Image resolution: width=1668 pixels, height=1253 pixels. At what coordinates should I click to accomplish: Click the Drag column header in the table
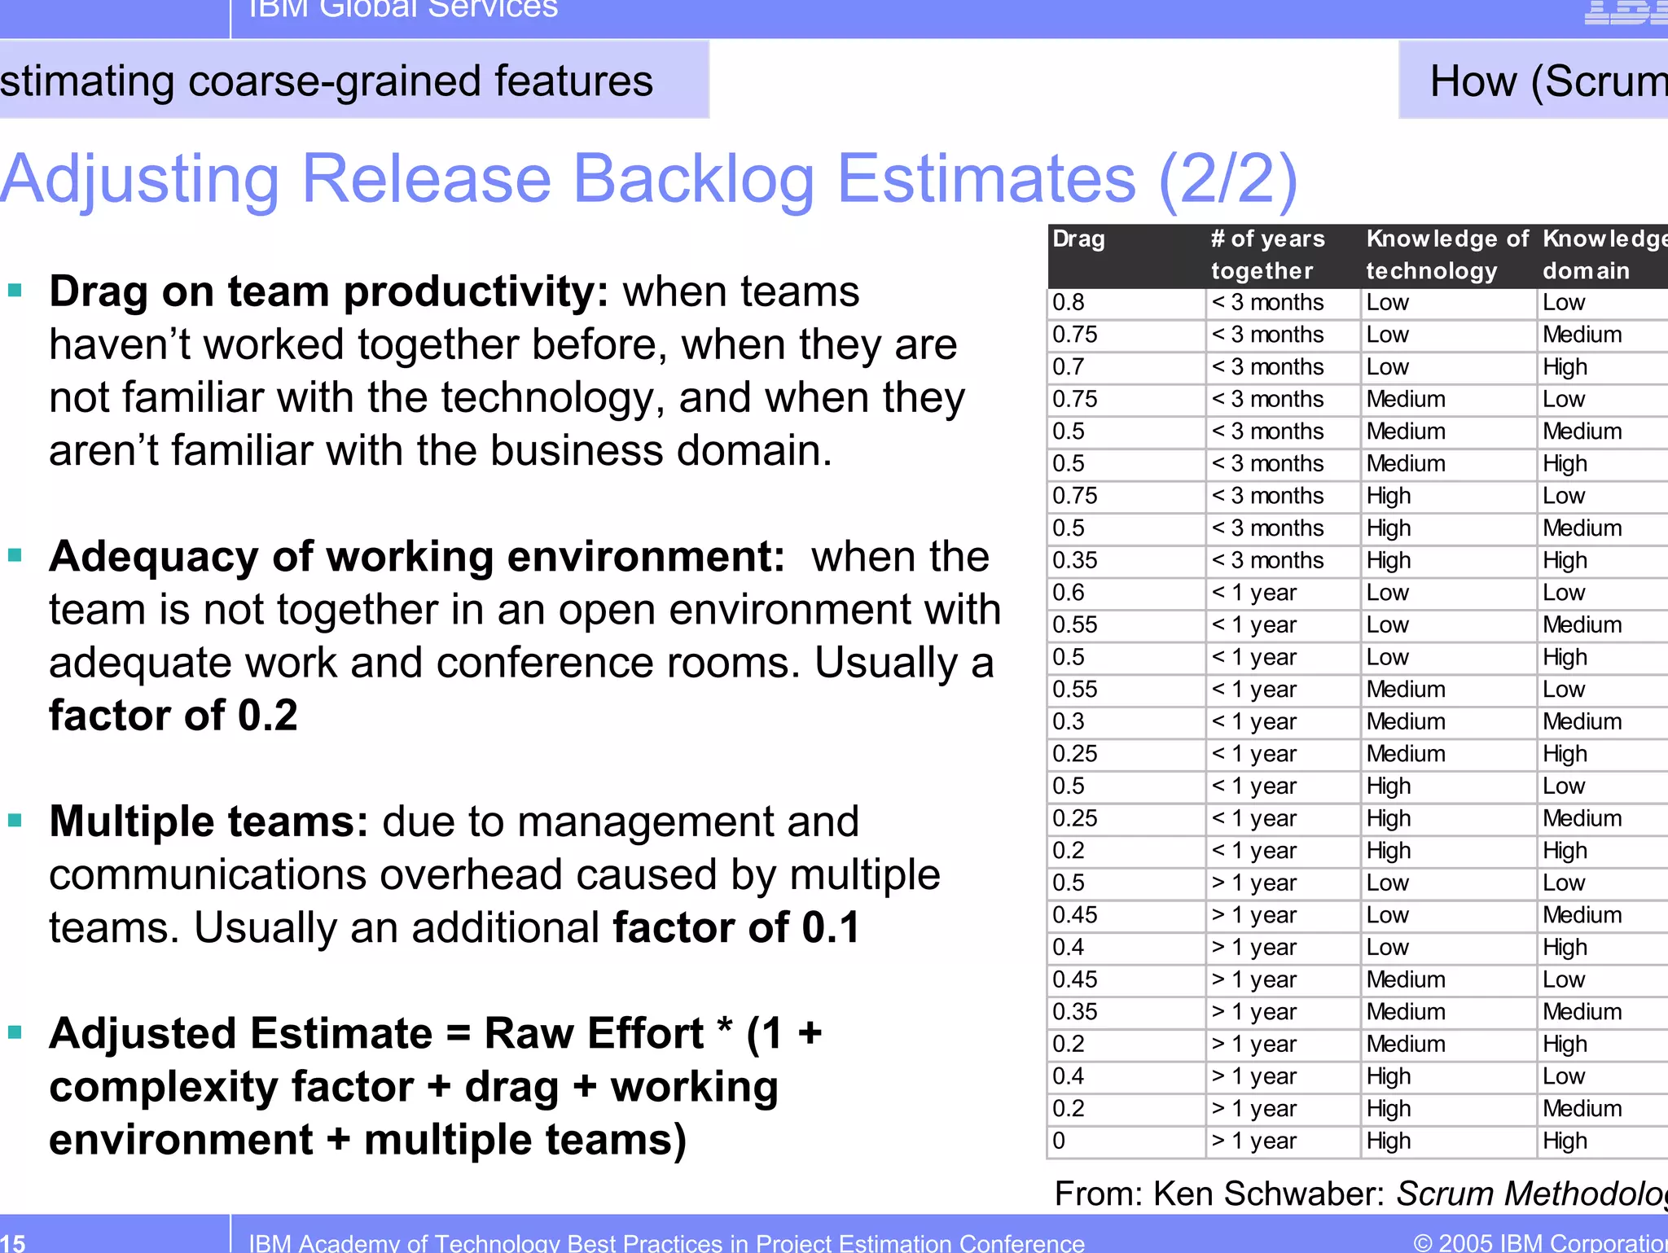coord(1078,239)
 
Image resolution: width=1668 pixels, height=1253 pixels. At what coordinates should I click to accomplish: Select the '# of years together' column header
coord(1267,255)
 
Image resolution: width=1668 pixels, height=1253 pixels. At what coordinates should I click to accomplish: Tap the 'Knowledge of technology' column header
coord(1446,255)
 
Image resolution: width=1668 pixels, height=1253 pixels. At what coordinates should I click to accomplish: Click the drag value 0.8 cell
coord(1069,303)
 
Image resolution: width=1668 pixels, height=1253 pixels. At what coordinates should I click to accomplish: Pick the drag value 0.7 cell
coord(1069,367)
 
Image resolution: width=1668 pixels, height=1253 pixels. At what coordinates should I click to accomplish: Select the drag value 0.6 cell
coord(1069,593)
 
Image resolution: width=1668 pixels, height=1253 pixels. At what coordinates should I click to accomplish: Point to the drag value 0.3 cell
coord(1069,722)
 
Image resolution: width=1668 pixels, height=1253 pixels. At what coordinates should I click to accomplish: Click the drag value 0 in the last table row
coord(1059,1141)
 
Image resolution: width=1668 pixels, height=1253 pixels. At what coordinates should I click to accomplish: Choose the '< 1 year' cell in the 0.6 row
coord(1254,593)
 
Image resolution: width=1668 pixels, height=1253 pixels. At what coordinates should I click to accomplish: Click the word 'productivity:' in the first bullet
coord(476,292)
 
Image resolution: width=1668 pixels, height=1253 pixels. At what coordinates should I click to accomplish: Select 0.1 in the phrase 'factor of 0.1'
coord(831,928)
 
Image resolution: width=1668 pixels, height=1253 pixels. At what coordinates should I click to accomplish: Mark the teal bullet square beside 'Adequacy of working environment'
coord(15,555)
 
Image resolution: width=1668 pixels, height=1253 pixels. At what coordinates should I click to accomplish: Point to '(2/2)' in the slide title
coord(1227,179)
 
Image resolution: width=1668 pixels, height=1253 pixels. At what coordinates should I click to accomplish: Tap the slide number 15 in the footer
coord(13,1242)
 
